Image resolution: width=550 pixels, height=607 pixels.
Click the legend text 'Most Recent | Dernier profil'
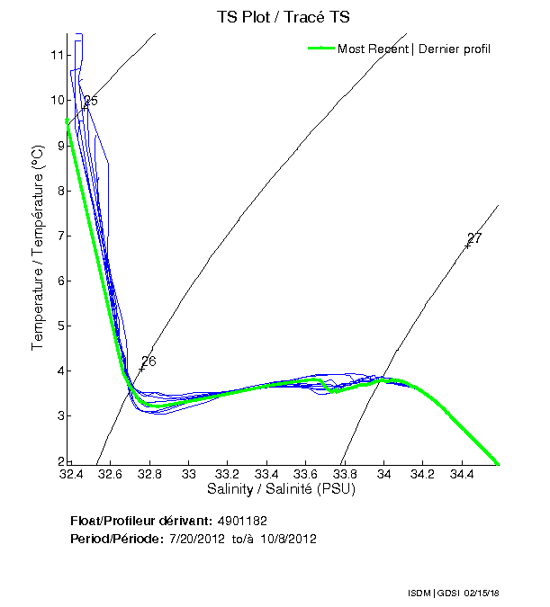click(x=414, y=49)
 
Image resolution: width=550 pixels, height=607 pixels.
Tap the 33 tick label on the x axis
click(x=189, y=473)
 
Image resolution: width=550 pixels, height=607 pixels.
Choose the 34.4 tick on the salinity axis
click(x=462, y=473)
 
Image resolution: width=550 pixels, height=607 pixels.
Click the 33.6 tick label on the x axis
click(x=306, y=473)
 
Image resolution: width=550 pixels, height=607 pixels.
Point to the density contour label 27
click(x=474, y=238)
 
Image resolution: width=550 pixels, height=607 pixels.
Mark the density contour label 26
click(x=149, y=362)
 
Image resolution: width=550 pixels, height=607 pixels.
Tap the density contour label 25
click(x=90, y=102)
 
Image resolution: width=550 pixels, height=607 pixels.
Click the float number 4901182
click(x=242, y=521)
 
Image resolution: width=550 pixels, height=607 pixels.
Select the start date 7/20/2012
click(x=197, y=539)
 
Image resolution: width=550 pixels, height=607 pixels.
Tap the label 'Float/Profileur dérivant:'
click(x=140, y=521)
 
